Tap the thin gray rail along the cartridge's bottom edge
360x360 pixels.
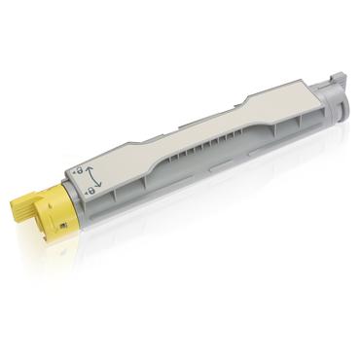coord(195,209)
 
